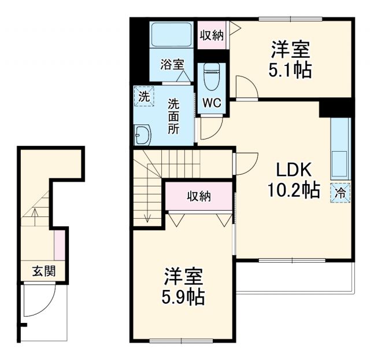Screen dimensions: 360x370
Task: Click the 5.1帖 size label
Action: pyautogui.click(x=290, y=70)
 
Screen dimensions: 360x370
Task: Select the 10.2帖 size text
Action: pyautogui.click(x=293, y=189)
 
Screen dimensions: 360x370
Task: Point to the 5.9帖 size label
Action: pyautogui.click(x=182, y=296)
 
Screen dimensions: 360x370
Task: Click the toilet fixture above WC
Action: pyautogui.click(x=212, y=76)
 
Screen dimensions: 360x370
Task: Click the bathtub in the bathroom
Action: pyautogui.click(x=171, y=36)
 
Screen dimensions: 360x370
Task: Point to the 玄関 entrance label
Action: pyautogui.click(x=43, y=270)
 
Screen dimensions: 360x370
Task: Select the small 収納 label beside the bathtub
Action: pyautogui.click(x=212, y=35)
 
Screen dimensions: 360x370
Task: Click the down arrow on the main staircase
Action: pyautogui.click(x=148, y=215)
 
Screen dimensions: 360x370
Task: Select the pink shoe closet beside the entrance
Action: pyautogui.click(x=58, y=244)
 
